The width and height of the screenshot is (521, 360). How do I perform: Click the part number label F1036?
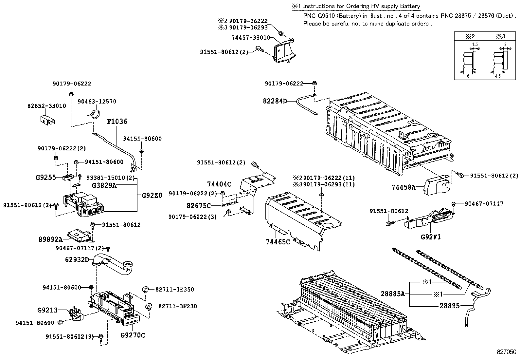click(117, 122)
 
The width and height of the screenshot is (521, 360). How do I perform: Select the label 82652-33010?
click(46, 106)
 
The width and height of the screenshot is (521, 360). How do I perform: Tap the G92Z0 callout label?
click(152, 196)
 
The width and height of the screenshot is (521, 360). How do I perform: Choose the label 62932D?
click(77, 260)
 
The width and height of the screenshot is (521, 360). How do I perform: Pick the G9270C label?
click(133, 335)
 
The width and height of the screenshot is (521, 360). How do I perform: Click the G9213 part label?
click(47, 310)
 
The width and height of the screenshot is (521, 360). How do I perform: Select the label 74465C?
click(278, 242)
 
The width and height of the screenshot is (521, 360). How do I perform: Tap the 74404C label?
click(219, 184)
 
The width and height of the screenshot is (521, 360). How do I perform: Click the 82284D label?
click(275, 101)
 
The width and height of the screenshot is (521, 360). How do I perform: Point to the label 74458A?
click(403, 187)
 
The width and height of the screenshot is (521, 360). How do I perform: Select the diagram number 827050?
click(506, 352)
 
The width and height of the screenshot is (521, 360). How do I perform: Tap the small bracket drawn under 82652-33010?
click(47, 120)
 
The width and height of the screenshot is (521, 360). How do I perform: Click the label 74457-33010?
click(251, 38)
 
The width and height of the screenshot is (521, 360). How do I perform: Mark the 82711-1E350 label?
click(174, 290)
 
